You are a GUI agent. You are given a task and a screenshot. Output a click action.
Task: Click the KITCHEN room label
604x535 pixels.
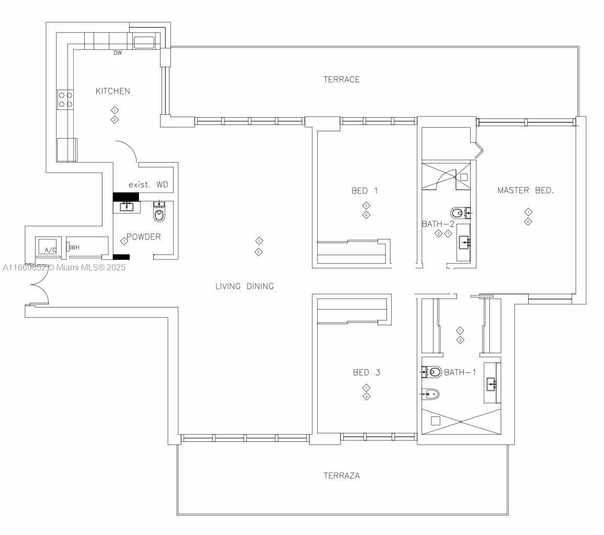(x=112, y=91)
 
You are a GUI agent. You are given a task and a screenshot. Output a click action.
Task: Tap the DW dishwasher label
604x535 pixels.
(x=118, y=53)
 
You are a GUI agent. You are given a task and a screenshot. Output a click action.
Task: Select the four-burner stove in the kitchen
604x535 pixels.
(x=65, y=99)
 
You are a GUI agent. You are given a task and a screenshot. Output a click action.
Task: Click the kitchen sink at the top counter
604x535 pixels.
(x=144, y=42)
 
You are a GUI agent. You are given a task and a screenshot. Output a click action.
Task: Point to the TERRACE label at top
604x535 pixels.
(x=341, y=79)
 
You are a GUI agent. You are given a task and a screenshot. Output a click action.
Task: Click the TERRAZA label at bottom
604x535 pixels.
(x=341, y=476)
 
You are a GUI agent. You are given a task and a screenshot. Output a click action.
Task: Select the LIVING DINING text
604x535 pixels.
(x=245, y=286)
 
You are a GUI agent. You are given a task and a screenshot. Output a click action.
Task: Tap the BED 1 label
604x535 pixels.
(x=364, y=191)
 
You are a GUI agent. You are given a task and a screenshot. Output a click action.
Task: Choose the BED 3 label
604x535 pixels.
(x=366, y=373)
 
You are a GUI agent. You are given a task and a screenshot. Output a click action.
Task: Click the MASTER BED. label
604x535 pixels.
(x=525, y=190)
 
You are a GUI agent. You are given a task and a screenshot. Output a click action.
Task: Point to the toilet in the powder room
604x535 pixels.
(x=159, y=213)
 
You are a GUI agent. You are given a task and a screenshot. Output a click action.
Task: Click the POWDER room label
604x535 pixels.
(x=143, y=237)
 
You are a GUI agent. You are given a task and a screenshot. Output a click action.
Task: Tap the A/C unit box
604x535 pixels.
(x=50, y=247)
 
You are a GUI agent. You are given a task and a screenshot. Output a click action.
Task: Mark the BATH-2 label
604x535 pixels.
(x=438, y=224)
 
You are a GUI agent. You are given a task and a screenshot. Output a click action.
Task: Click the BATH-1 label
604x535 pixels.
(x=460, y=372)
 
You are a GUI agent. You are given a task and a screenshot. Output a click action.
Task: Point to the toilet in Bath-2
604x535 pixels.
(x=458, y=212)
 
